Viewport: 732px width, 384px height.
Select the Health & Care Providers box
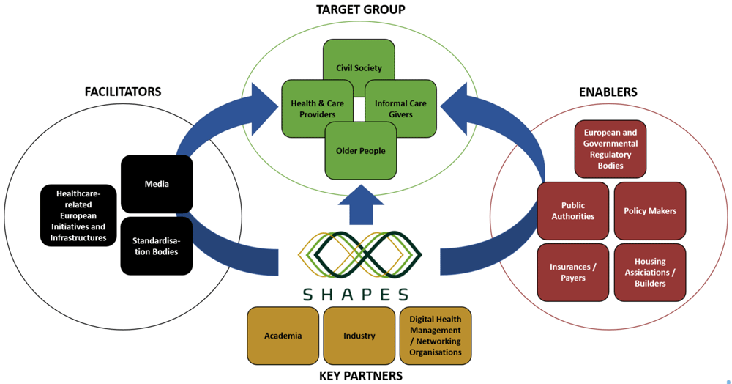click(318, 109)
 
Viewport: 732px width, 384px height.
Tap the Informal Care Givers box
click(400, 109)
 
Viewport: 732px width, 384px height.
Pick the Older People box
click(360, 151)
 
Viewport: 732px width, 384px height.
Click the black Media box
click(157, 184)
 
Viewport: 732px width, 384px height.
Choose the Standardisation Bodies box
click(157, 245)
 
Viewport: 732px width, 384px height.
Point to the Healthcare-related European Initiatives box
click(78, 215)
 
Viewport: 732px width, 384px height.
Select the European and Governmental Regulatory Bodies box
click(610, 149)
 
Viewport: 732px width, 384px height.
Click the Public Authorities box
click(573, 210)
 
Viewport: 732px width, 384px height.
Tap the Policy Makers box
click(650, 210)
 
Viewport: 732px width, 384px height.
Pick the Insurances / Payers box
click(573, 273)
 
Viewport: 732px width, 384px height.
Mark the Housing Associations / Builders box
click(650, 273)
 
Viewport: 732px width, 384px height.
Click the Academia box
click(283, 336)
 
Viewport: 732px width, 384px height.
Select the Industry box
click(359, 336)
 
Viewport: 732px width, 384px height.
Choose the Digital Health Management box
click(436, 336)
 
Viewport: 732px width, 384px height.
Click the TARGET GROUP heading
click(361, 10)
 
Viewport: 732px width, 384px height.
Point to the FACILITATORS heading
click(123, 92)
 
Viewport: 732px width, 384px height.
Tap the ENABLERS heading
click(608, 92)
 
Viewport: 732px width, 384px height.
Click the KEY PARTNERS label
click(361, 376)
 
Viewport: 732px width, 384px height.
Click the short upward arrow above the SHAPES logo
click(361, 205)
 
